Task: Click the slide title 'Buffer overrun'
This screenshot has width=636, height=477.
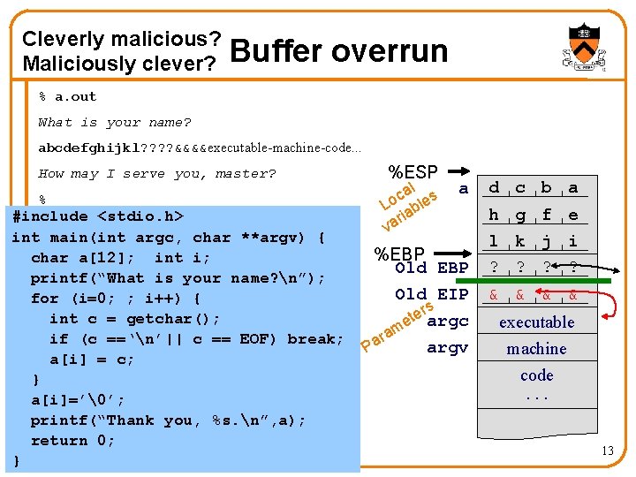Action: pyautogui.click(x=338, y=51)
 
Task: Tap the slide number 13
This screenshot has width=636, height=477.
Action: pyautogui.click(x=607, y=452)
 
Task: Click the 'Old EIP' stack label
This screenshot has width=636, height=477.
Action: pyautogui.click(x=432, y=294)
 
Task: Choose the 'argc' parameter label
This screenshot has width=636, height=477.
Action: pyautogui.click(x=447, y=321)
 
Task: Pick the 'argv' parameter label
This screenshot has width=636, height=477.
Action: pyautogui.click(x=447, y=348)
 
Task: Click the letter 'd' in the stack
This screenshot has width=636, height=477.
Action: pyautogui.click(x=495, y=187)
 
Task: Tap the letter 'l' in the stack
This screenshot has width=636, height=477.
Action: pyautogui.click(x=494, y=240)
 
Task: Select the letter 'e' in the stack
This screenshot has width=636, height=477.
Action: pyautogui.click(x=573, y=215)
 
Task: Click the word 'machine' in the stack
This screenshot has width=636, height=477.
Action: pyautogui.click(x=536, y=349)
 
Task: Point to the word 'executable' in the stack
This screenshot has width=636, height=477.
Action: pyautogui.click(x=536, y=322)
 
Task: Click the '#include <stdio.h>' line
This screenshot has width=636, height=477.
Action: pyautogui.click(x=98, y=216)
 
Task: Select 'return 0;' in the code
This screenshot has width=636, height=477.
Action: pyautogui.click(x=72, y=441)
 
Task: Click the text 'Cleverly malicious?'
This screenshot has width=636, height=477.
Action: pyautogui.click(x=122, y=39)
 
